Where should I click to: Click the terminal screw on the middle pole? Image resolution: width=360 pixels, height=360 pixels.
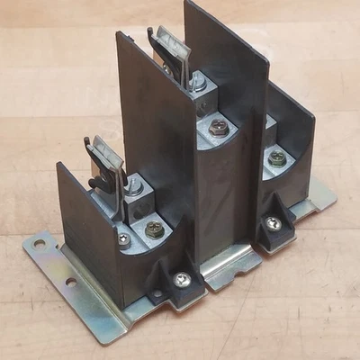pos(218,128)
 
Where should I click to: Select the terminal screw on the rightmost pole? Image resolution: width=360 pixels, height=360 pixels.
pos(278,158)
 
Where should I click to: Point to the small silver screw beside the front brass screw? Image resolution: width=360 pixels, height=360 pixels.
pos(123,239)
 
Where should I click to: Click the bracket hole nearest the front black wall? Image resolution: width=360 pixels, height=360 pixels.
pos(70,282)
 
